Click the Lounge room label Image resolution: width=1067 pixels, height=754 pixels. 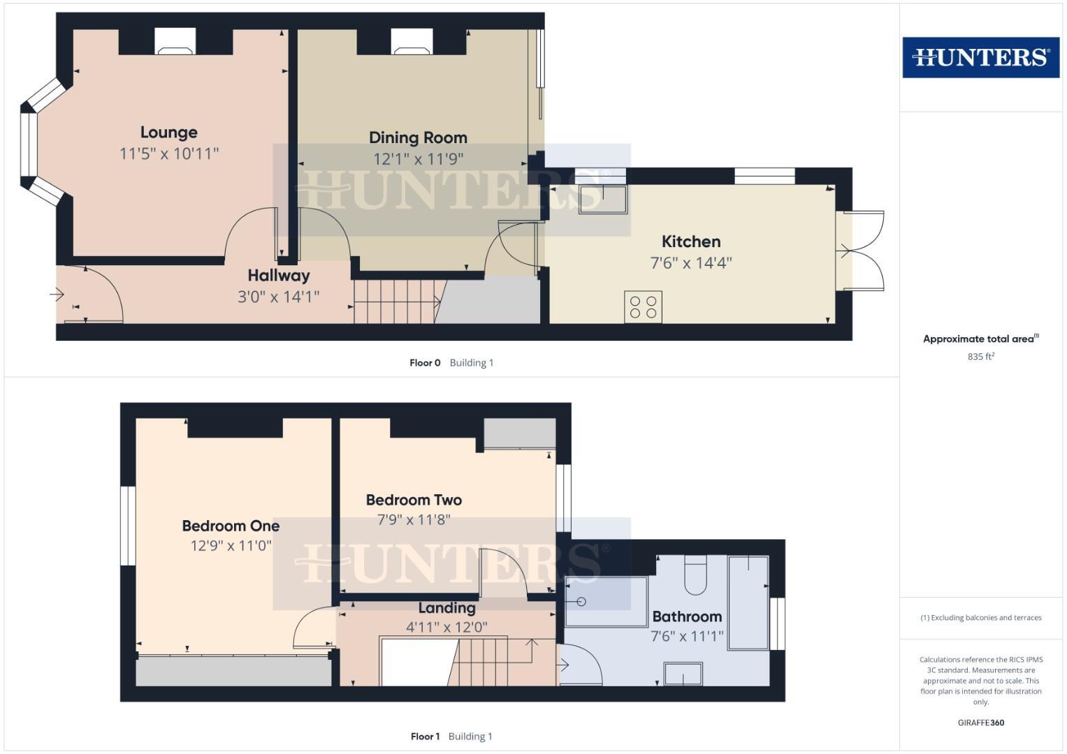tap(168, 132)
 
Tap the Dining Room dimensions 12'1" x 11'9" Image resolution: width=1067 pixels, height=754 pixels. tap(418, 159)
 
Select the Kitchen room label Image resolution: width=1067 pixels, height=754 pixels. tap(690, 242)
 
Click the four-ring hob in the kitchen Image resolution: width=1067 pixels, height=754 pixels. tap(643, 307)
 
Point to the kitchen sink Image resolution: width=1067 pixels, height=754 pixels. tap(602, 199)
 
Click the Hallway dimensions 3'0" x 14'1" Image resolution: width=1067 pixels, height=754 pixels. tap(278, 297)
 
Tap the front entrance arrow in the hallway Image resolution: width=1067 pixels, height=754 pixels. tap(57, 295)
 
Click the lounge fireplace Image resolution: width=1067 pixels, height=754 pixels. tap(175, 42)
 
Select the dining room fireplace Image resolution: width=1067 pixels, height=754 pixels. tap(412, 42)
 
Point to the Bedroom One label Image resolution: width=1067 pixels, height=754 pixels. tap(231, 526)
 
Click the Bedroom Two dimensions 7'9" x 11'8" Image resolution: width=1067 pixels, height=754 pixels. tap(414, 519)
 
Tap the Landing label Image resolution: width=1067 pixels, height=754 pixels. tap(447, 608)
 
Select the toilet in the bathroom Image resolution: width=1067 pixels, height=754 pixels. tap(696, 576)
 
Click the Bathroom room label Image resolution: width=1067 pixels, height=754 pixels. tap(687, 616)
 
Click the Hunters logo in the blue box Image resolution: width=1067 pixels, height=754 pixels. tap(980, 57)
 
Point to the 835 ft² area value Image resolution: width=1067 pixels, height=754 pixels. tap(980, 356)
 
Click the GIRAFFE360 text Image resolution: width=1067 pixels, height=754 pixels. tap(980, 723)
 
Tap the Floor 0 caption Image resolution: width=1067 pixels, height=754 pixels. tap(425, 362)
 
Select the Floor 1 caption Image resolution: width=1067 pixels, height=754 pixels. tap(425, 736)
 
